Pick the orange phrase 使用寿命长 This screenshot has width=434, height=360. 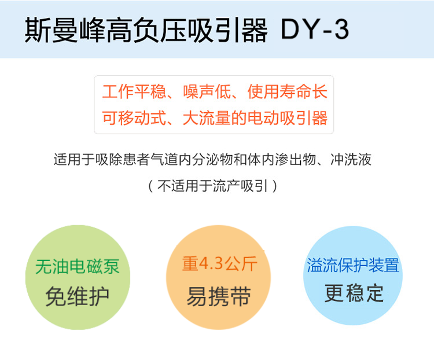click(x=288, y=93)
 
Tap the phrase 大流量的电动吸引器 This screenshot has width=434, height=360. click(x=255, y=119)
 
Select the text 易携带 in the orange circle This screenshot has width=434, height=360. click(x=218, y=297)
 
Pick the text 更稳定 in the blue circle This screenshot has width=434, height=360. click(x=354, y=293)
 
